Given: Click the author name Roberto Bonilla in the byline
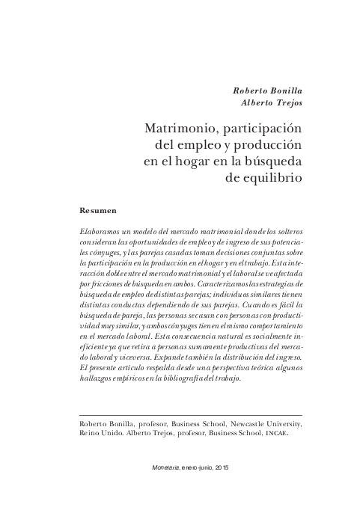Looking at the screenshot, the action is pyautogui.click(x=267, y=91).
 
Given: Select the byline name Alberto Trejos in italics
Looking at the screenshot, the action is pyautogui.click(x=271, y=104).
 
